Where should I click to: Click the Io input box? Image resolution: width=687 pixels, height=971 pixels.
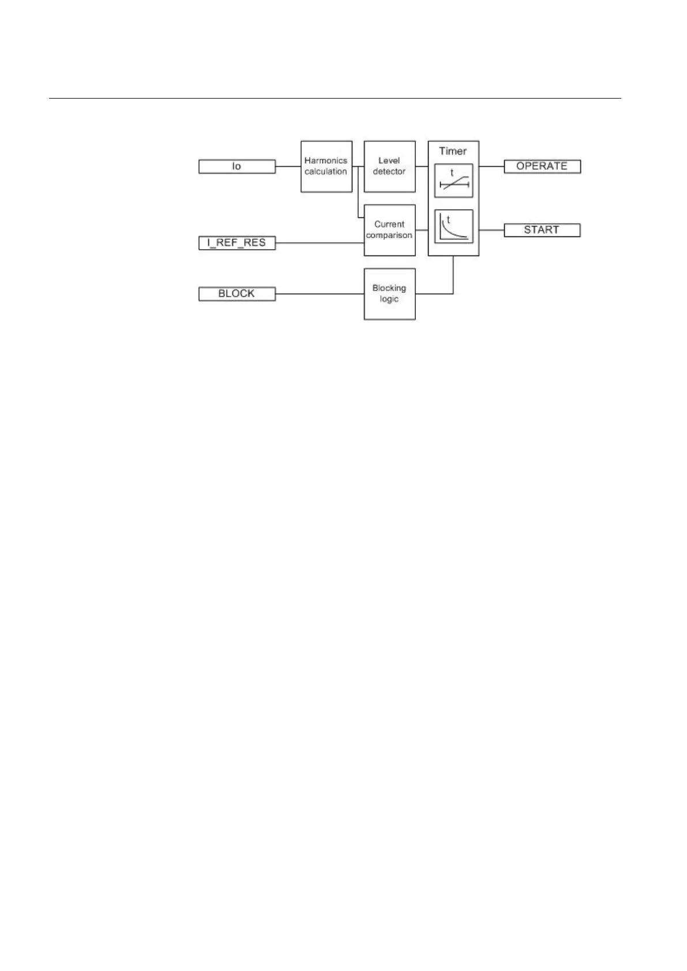[236, 167]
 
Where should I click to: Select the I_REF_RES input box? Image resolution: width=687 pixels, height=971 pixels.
[236, 243]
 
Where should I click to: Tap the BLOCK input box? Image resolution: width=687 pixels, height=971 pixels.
[236, 294]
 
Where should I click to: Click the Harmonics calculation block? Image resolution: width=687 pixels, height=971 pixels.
[326, 167]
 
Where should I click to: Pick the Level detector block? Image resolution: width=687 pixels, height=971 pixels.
[389, 167]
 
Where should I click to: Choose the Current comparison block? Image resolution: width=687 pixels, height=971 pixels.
[389, 230]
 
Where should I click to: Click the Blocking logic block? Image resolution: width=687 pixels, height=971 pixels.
[389, 294]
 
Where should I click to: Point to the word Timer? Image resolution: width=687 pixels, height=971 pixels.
[453, 151]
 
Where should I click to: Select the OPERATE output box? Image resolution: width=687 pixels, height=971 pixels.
[542, 167]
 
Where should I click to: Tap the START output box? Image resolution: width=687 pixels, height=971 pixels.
[542, 230]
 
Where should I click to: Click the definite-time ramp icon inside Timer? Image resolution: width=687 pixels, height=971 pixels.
[453, 181]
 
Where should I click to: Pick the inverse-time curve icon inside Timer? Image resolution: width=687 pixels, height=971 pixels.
[453, 226]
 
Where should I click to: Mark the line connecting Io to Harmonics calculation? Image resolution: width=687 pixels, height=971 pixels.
[288, 167]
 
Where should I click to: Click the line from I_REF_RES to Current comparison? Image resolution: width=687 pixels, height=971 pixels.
[320, 243]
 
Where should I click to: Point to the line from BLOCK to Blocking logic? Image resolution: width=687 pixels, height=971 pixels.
[320, 294]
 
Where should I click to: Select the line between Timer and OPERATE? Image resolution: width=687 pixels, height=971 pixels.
[491, 167]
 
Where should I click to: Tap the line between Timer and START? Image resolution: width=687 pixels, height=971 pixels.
[491, 230]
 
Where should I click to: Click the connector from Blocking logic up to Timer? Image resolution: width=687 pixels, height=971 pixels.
[453, 277]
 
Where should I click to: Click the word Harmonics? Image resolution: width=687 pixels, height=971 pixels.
[326, 161]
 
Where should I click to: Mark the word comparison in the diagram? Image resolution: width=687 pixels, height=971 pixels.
[389, 236]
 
